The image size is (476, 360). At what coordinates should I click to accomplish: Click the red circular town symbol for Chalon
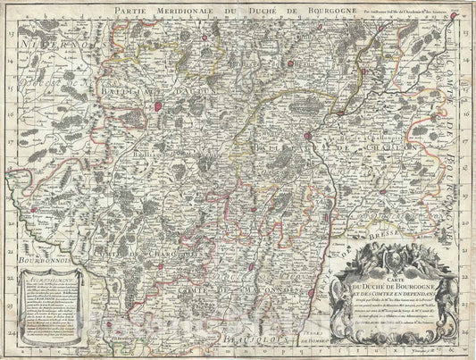click(307, 136)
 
